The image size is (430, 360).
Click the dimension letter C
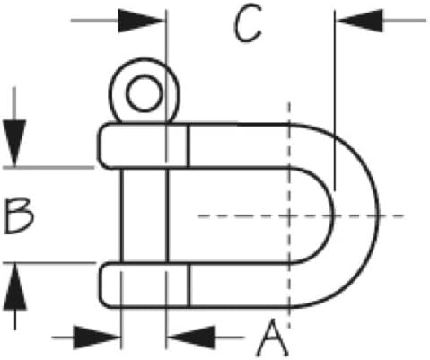247,23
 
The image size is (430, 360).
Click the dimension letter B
19,215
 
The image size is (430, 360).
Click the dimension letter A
273,338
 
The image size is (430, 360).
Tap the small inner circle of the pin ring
145,93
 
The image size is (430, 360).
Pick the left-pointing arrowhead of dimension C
360,21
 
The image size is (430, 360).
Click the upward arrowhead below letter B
15,286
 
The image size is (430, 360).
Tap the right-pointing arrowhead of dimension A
96,338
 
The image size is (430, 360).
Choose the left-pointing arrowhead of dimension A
191,338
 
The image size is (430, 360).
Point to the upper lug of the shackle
144,145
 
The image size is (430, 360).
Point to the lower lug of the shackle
145,285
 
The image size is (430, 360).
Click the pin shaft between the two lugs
145,215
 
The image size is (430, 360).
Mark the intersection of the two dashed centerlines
289,215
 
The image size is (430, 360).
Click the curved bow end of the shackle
356,215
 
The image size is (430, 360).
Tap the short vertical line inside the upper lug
189,145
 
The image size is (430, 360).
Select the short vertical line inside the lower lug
189,285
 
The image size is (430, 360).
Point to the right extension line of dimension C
335,101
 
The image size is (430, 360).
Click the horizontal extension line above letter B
48,168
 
